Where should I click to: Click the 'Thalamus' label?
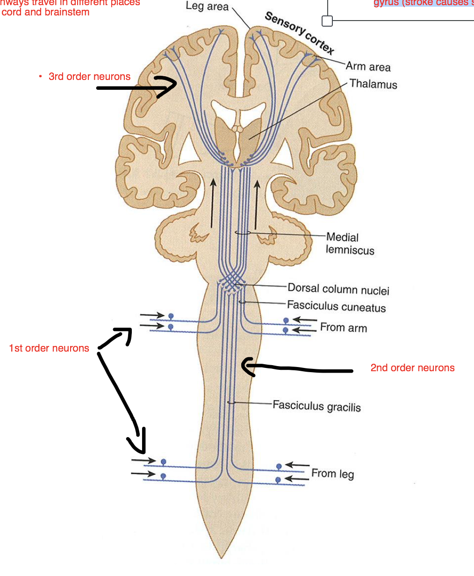pyautogui.click(x=373, y=84)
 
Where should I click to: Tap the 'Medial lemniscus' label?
pyautogui.click(x=350, y=244)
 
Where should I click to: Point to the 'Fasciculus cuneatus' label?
pyautogui.click(x=336, y=307)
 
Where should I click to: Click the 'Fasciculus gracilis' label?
pyautogui.click(x=316, y=405)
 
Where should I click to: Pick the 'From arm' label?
pyautogui.click(x=343, y=327)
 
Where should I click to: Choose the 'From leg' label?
pyautogui.click(x=332, y=474)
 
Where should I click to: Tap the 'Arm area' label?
pyautogui.click(x=368, y=66)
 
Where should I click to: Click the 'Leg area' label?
pyautogui.click(x=207, y=6)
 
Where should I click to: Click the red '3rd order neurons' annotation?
pyautogui.click(x=89, y=77)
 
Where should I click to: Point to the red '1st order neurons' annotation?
pyautogui.click(x=49, y=348)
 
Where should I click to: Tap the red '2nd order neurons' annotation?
pyautogui.click(x=412, y=368)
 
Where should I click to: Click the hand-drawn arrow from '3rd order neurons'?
pyautogui.click(x=136, y=87)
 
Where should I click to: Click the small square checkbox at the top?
pyautogui.click(x=327, y=21)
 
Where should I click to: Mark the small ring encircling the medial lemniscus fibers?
pyautogui.click(x=243, y=232)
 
